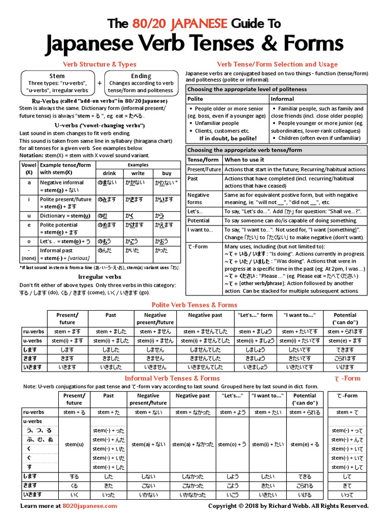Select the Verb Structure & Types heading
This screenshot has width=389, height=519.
pyautogui.click(x=99, y=64)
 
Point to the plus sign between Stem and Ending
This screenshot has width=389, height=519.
pyautogui.click(x=99, y=83)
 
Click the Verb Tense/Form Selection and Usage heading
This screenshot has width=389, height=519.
pyautogui.click(x=277, y=64)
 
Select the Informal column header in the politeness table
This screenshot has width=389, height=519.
pyautogui.click(x=282, y=99)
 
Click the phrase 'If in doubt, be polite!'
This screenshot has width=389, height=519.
pyautogui.click(x=227, y=138)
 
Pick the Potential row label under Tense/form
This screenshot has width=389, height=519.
pyautogui.click(x=199, y=220)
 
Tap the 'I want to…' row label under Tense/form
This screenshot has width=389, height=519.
pyautogui.click(x=201, y=230)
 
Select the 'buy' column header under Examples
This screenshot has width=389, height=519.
pyautogui.click(x=167, y=173)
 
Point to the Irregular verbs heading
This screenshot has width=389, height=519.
pyautogui.click(x=100, y=277)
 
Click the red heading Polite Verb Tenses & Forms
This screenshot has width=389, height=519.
pyautogui.click(x=194, y=305)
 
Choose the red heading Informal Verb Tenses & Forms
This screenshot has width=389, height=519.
pyautogui.click(x=172, y=378)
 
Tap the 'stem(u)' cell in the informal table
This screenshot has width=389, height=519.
pyautogui.click(x=74, y=444)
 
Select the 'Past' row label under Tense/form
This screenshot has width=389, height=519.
pyautogui.click(x=192, y=179)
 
